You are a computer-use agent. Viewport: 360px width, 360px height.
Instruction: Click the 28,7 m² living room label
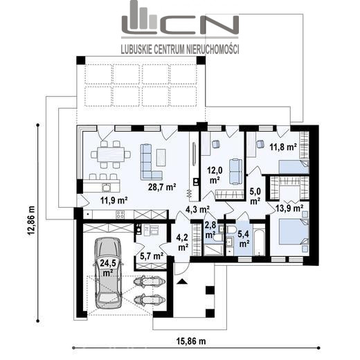(162, 187)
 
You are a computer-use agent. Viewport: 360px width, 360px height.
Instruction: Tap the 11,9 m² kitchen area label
(114, 200)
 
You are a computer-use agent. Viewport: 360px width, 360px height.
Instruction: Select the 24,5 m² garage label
(108, 267)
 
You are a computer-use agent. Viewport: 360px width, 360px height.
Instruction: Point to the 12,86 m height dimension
(31, 220)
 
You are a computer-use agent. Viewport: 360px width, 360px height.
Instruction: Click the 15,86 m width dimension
(191, 341)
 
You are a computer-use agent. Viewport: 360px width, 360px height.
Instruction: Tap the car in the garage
(108, 273)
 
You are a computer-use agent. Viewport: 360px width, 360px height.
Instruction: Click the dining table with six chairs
(111, 154)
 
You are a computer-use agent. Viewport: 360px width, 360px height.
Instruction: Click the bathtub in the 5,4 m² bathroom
(260, 242)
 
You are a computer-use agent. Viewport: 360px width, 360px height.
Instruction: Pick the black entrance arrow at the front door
(182, 281)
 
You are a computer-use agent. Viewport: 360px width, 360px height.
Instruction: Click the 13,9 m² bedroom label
(289, 208)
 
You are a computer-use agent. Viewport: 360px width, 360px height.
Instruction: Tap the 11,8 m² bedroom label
(283, 147)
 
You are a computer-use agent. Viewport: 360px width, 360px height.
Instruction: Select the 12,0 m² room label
(215, 175)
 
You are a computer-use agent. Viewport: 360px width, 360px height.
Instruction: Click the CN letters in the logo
(198, 24)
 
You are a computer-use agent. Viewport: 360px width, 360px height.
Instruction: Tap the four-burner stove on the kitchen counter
(120, 215)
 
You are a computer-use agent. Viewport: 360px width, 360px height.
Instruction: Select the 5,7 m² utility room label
(152, 255)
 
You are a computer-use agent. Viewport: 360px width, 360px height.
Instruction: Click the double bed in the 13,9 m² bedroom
(294, 231)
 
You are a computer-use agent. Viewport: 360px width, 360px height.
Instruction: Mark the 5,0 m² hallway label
(255, 196)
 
